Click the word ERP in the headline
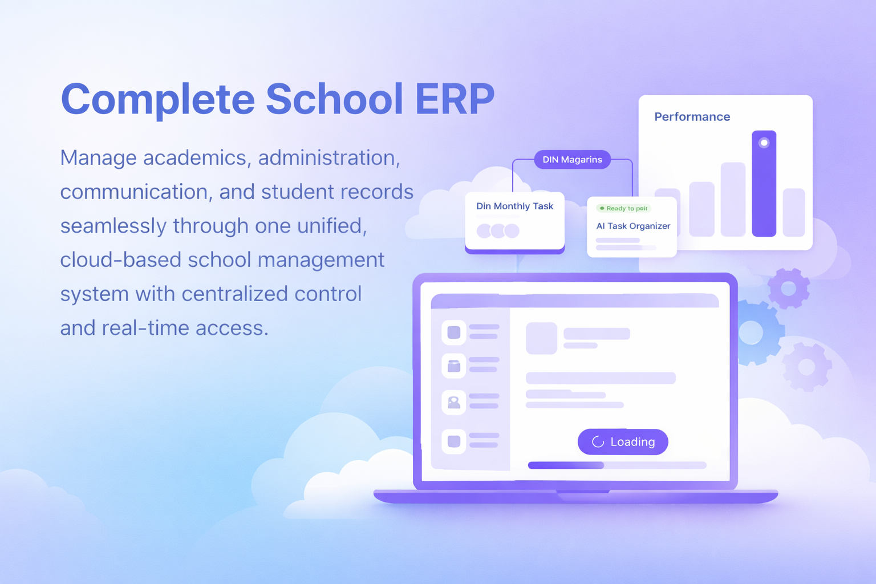click(455, 99)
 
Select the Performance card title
click(692, 116)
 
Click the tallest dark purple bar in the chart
click(764, 184)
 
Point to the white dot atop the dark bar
click(764, 143)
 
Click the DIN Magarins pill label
click(572, 160)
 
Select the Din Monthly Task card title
click(514, 206)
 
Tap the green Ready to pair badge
click(623, 209)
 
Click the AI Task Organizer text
click(633, 226)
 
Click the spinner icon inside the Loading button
click(598, 441)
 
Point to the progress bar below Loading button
click(617, 465)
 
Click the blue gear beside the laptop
click(753, 332)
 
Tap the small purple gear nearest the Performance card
click(788, 289)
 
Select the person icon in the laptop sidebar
click(453, 402)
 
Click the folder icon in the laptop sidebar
click(453, 366)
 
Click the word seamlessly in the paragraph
click(113, 226)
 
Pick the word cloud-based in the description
click(120, 259)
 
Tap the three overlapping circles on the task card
click(498, 231)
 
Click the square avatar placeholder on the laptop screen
click(541, 338)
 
